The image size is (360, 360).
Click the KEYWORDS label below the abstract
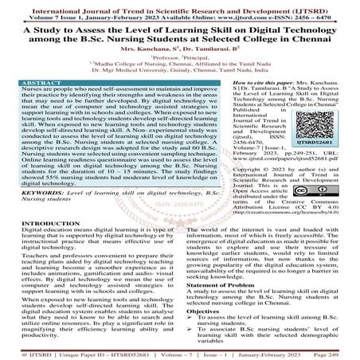point(27,194)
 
